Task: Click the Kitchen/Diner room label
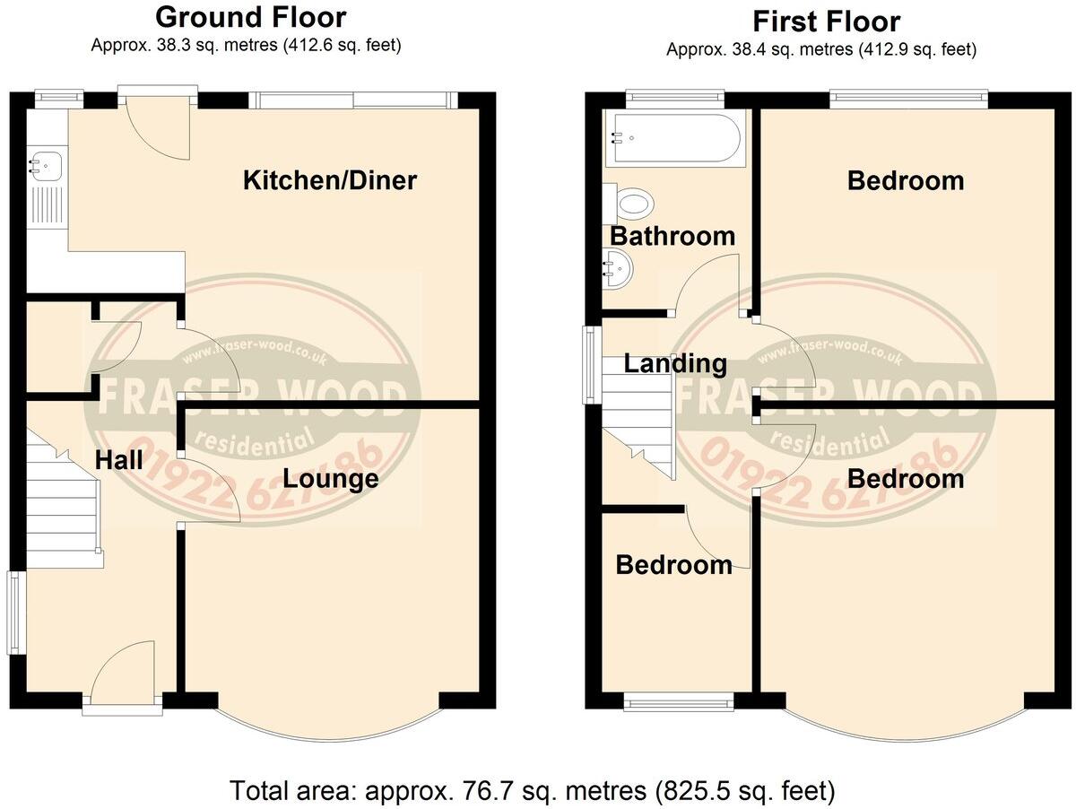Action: (x=330, y=181)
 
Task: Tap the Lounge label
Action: (x=330, y=479)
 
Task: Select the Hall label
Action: (x=119, y=461)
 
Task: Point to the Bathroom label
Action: (x=672, y=237)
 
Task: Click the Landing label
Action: (x=675, y=364)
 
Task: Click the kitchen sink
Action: (x=41, y=166)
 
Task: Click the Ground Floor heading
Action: (x=250, y=17)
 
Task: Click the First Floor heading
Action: (x=826, y=21)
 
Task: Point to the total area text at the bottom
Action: (x=533, y=791)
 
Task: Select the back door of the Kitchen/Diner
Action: (x=159, y=126)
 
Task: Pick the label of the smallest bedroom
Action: (x=673, y=565)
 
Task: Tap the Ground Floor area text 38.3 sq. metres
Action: (x=246, y=45)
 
